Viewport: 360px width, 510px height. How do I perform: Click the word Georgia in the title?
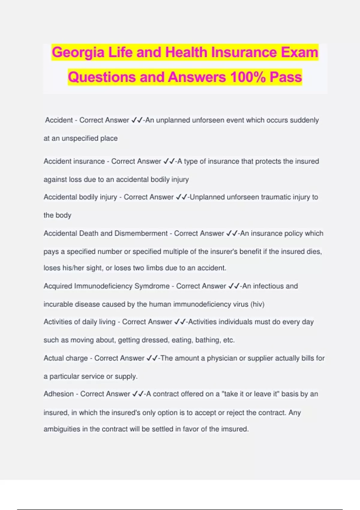tap(78, 53)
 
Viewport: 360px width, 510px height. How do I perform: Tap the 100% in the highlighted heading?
tap(247, 77)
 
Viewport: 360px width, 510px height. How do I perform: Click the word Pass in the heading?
tap(286, 77)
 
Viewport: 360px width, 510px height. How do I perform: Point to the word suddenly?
tap(304, 120)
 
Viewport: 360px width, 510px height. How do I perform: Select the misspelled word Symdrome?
tap(152, 286)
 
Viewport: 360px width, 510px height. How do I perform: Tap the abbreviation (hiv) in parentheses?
tap(257, 304)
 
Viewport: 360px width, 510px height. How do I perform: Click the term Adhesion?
tap(58, 394)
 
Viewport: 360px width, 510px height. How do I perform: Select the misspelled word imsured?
tap(235, 429)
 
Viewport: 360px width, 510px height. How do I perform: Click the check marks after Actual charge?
tap(152, 358)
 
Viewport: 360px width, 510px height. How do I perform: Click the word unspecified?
tap(80, 138)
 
